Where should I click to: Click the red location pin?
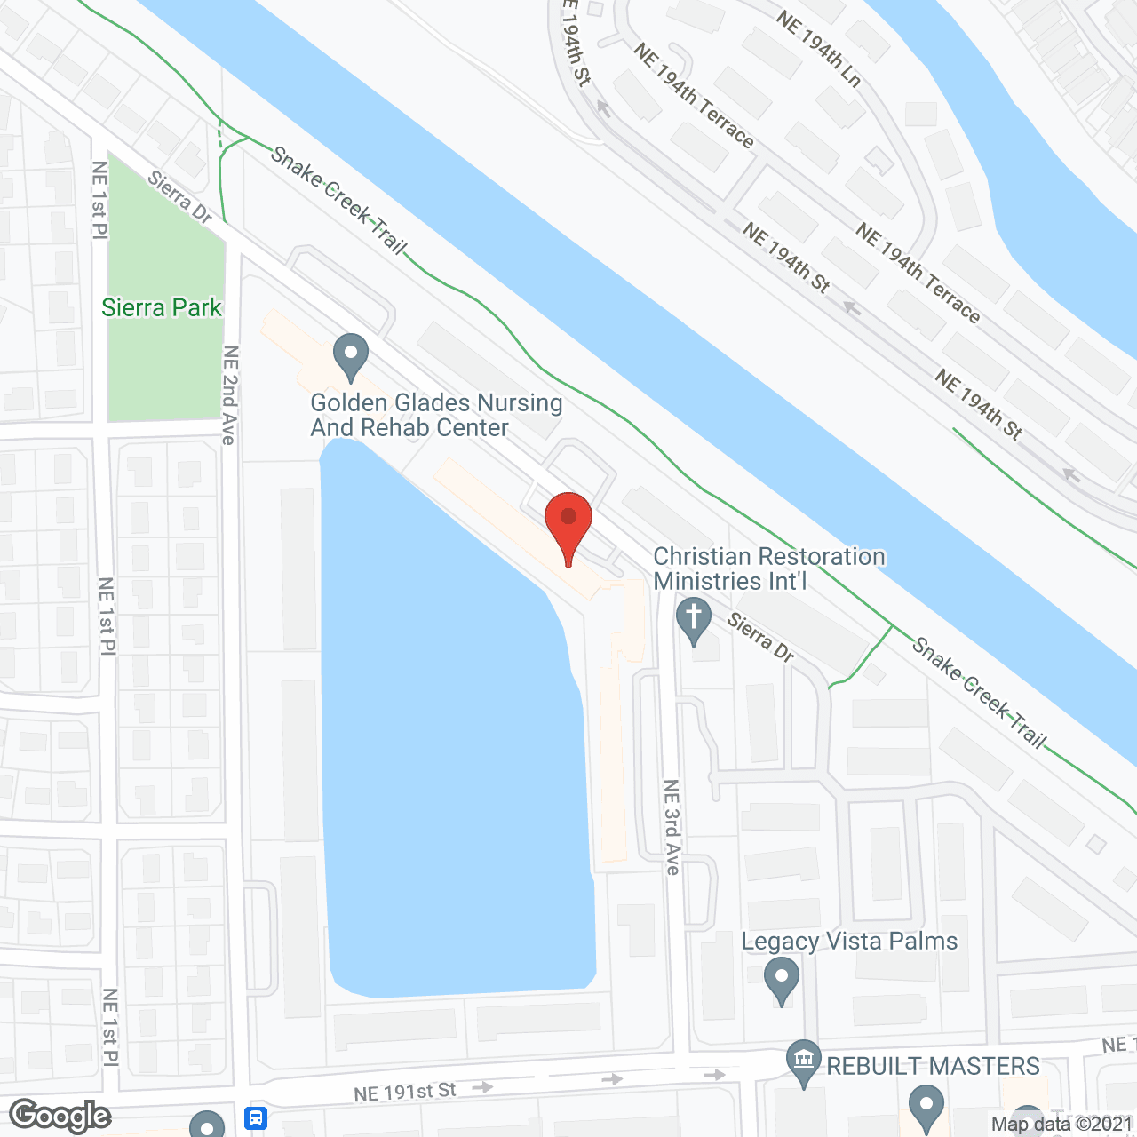(x=568, y=521)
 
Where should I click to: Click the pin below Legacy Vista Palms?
(x=782, y=982)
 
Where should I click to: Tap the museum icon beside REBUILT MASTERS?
(x=804, y=1061)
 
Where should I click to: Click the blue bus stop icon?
(x=257, y=1117)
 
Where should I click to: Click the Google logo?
(x=60, y=1116)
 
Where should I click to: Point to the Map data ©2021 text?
(x=1061, y=1124)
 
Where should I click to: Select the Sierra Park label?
(x=162, y=307)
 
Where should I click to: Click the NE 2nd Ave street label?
(x=230, y=395)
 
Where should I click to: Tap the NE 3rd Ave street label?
(x=672, y=827)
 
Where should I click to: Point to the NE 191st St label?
(x=405, y=1092)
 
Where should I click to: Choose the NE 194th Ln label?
(x=819, y=49)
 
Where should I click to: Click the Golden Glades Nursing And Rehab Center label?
(x=436, y=415)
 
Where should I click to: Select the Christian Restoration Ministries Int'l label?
(x=769, y=568)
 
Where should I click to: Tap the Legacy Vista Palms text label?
(x=849, y=942)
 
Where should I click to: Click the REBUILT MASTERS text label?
(x=933, y=1066)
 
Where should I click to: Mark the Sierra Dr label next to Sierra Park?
(x=180, y=197)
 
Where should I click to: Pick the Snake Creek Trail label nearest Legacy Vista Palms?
(x=980, y=694)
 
